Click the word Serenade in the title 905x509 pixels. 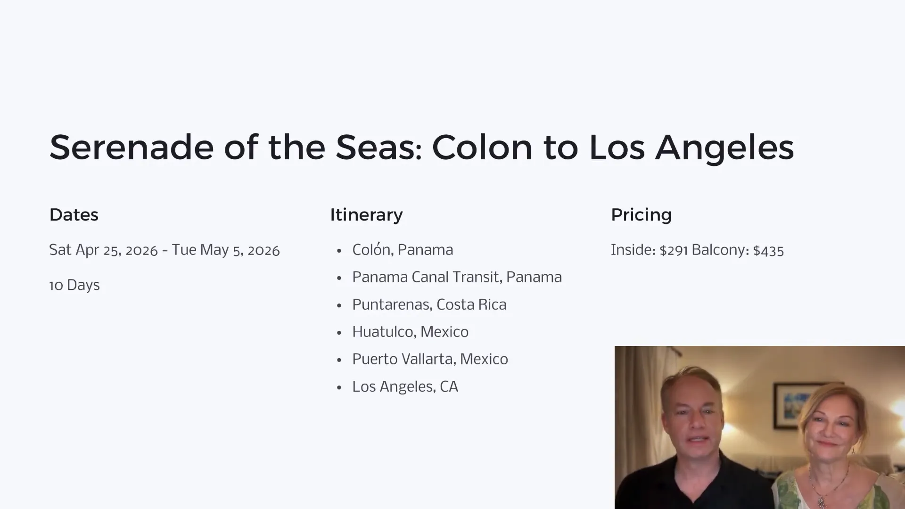[132, 147]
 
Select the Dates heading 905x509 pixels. [74, 215]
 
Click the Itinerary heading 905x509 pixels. [366, 215]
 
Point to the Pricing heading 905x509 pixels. [641, 215]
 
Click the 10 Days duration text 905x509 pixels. [74, 285]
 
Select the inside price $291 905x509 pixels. [674, 250]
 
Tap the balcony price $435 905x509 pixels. [768, 250]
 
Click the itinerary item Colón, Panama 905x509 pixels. [403, 250]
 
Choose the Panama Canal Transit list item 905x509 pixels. [457, 277]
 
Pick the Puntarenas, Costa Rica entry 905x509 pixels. [429, 304]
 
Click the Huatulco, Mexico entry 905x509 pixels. [410, 332]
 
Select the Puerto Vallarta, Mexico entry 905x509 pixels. [430, 359]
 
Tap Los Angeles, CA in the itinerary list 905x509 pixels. [405, 387]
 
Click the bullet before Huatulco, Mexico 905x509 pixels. [339, 333]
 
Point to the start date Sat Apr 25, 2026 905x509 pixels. [103, 250]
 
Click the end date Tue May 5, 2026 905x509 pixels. [225, 250]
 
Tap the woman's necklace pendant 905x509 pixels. [821, 500]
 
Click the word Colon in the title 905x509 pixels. [482, 147]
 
